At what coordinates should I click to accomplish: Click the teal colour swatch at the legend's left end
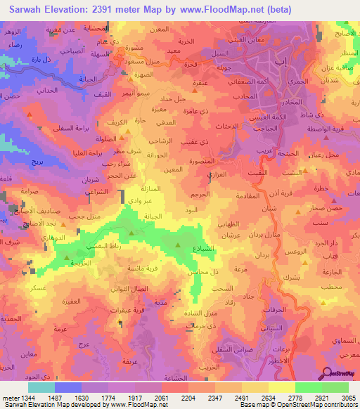point(41,387)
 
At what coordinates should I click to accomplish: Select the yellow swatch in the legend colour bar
point(281,387)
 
